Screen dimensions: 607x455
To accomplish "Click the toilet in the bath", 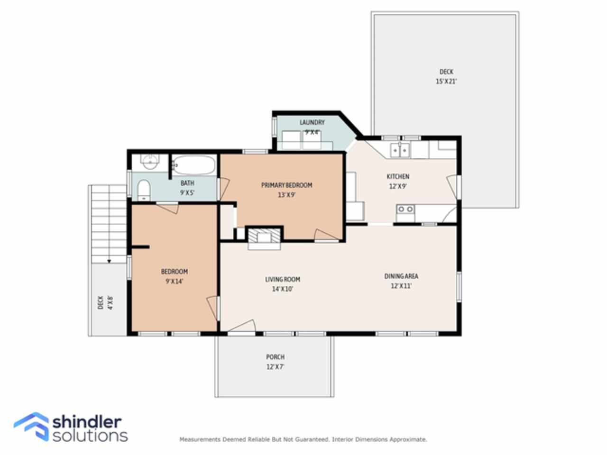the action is point(144,190).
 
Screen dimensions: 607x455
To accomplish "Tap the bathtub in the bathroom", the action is point(194,165).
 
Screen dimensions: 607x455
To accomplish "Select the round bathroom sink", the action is point(150,162).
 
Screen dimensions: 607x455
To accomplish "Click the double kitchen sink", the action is point(400,151).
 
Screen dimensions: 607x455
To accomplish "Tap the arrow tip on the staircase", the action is point(109,261).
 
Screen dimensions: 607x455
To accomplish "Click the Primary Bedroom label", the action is point(287,185).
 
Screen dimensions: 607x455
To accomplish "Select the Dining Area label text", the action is point(401,276).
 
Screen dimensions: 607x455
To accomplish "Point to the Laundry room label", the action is point(312,122).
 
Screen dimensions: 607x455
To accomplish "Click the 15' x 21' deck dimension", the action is point(446,82).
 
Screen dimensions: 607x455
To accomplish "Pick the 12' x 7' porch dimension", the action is point(276,367).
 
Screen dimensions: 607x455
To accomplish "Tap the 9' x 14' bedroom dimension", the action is point(175,281).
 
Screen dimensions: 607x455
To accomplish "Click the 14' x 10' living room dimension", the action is point(282,289).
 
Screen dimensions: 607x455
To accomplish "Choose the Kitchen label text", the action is point(398,176).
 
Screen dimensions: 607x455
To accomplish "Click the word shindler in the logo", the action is point(87,422).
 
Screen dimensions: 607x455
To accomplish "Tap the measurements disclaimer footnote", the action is point(303,439).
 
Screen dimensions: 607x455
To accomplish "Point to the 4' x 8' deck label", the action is point(105,302).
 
